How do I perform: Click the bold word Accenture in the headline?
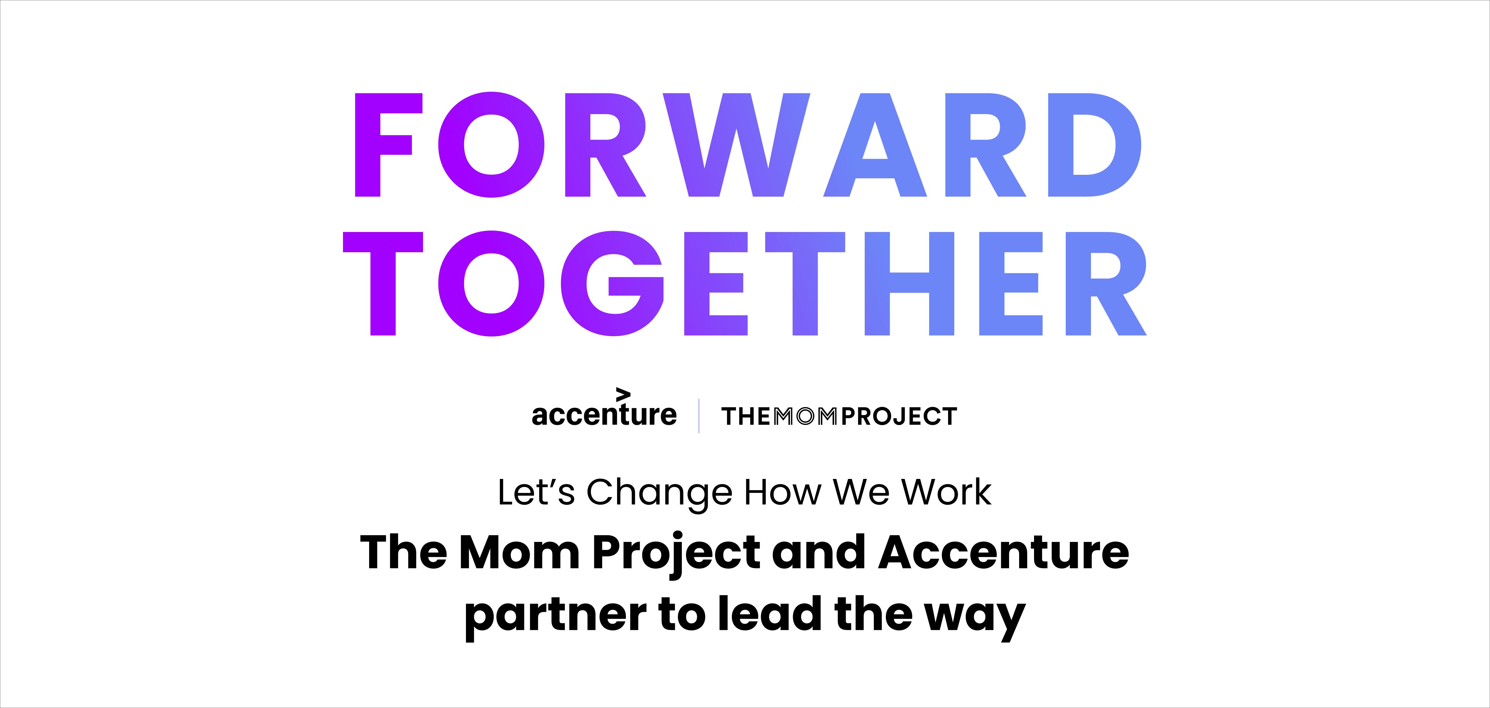pos(1004,553)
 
